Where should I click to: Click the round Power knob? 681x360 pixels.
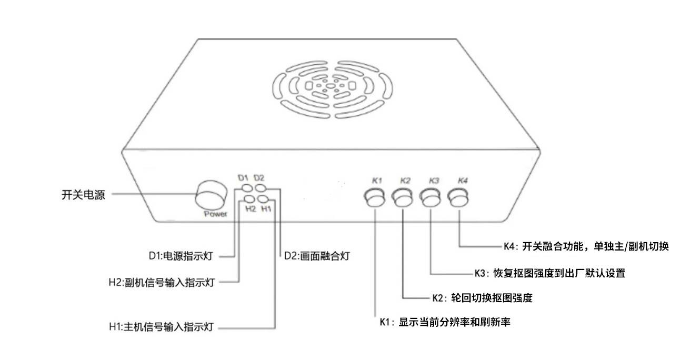point(212,196)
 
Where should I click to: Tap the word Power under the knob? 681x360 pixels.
point(216,214)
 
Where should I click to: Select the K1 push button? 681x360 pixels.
point(375,198)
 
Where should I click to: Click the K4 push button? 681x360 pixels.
point(459,198)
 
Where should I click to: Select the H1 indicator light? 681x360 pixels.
point(265,199)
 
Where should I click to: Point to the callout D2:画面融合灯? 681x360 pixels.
point(317,256)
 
